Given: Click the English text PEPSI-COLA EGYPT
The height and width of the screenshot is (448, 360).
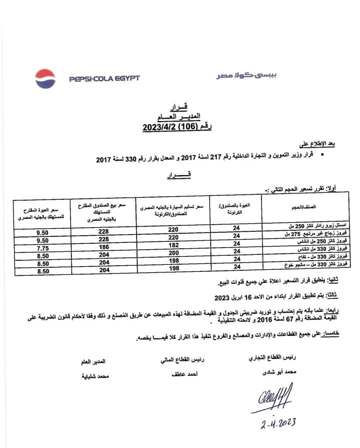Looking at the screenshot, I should pos(104,79).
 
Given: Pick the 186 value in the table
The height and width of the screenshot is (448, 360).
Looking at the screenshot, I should pos(103,248).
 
